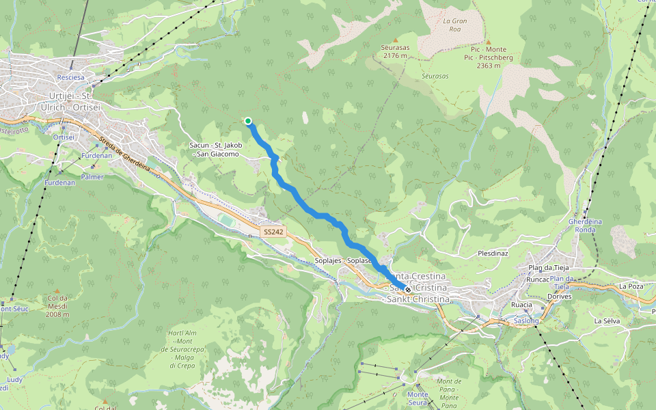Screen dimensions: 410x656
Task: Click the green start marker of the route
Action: [248, 122]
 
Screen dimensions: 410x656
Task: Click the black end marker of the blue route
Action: [408, 290]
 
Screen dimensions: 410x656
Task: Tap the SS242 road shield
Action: [273, 232]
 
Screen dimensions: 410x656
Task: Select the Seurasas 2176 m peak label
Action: [395, 52]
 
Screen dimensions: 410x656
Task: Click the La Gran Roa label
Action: [454, 25]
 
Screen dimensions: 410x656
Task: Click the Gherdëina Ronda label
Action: [586, 225]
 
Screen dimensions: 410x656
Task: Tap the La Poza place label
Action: [631, 286]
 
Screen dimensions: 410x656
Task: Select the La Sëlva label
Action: [606, 320]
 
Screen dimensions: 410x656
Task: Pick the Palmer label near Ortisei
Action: [92, 177]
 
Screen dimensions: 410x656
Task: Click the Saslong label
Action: [526, 320]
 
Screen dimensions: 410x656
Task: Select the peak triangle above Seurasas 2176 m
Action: [395, 40]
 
